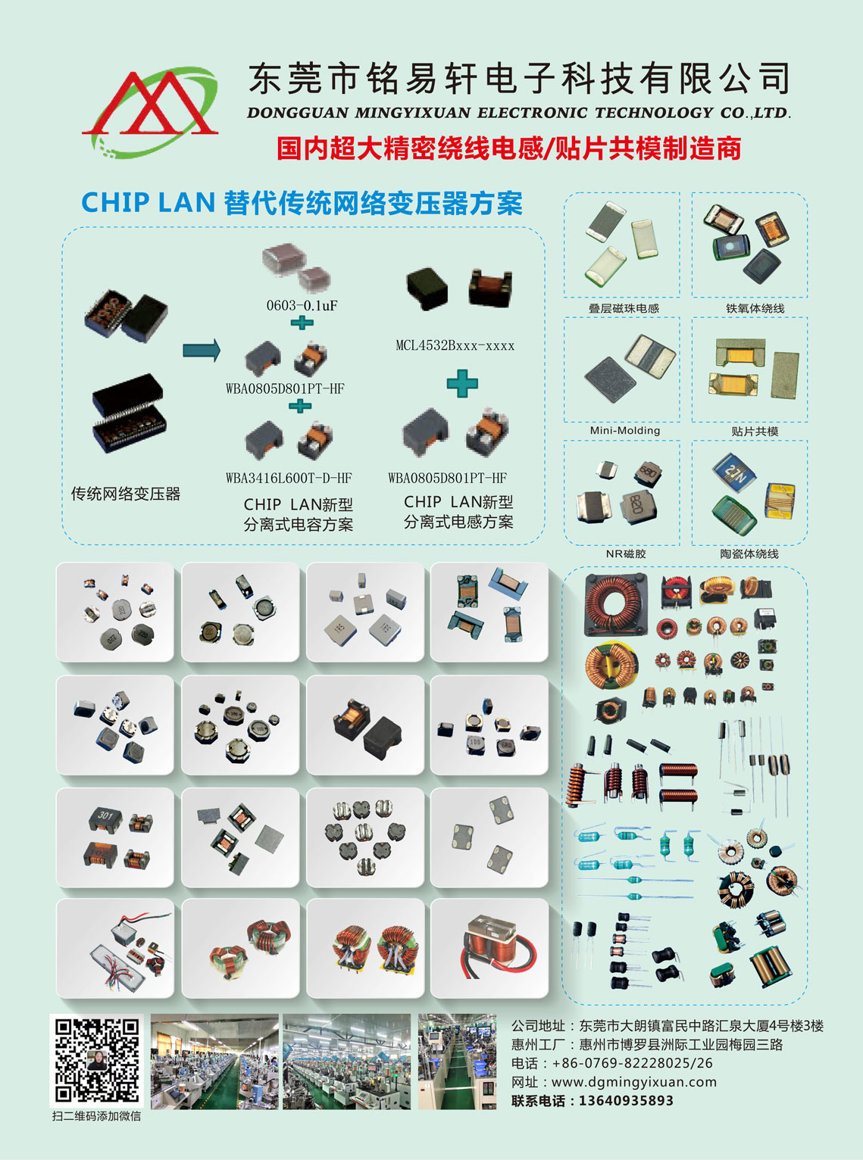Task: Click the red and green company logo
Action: (x=150, y=112)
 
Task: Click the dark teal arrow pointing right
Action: (x=202, y=350)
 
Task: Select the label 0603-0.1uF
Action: (x=302, y=305)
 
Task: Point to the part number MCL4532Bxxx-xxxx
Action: (x=455, y=346)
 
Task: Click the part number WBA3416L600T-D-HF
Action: (x=289, y=478)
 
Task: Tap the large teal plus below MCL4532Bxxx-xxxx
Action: (x=462, y=383)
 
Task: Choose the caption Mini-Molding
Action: (x=625, y=430)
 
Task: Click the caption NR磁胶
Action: (x=626, y=553)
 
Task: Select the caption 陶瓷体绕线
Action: (x=749, y=553)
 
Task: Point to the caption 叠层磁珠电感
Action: (x=624, y=308)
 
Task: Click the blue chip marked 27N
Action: (x=734, y=472)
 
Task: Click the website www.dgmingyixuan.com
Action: (x=633, y=1081)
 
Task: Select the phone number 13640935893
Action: (x=626, y=1100)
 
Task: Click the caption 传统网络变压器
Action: (x=126, y=494)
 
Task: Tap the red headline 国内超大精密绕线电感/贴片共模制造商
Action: (x=508, y=148)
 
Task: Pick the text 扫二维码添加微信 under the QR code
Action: (x=97, y=1115)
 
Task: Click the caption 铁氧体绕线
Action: (x=755, y=308)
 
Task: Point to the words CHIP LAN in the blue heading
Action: (x=148, y=202)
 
